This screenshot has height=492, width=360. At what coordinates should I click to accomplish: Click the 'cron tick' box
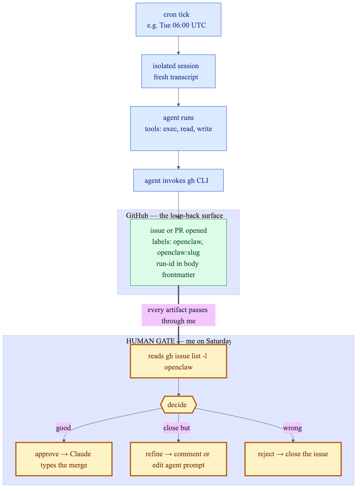coord(178,19)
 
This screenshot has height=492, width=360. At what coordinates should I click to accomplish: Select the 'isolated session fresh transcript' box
coord(178,71)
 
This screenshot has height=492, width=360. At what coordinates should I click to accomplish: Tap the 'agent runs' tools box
coord(178,128)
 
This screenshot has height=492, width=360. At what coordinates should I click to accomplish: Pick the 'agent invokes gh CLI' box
coord(178,180)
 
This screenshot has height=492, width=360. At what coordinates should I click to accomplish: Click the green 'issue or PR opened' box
coord(178,252)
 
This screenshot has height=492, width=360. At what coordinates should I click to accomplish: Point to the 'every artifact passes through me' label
coord(178,315)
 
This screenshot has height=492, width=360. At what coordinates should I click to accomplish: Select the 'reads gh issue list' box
coord(178,361)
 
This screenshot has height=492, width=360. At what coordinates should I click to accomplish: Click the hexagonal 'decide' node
coord(178,404)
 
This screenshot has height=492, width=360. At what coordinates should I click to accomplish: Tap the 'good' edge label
coord(63,428)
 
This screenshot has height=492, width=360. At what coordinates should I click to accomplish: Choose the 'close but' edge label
coord(177,428)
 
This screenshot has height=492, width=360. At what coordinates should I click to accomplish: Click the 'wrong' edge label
coord(292,428)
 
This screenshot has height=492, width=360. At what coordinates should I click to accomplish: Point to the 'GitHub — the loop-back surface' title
coord(174,216)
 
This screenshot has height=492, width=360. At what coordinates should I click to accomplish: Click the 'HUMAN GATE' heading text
coord(150,341)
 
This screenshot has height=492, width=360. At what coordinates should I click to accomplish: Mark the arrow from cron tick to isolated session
coord(178,45)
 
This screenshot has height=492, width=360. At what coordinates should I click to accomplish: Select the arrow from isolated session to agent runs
coord(178,97)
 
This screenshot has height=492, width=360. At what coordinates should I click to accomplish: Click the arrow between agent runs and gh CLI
coord(178,160)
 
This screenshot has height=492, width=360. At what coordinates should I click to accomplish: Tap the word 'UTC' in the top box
coord(199,25)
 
